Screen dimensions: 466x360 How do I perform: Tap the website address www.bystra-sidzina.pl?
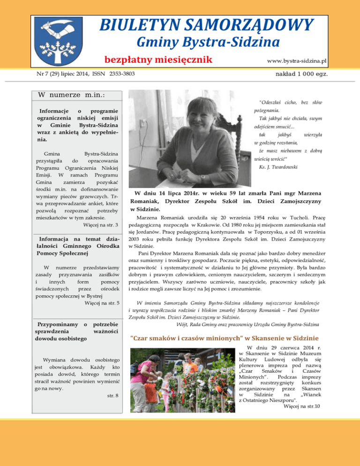point(296,61)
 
